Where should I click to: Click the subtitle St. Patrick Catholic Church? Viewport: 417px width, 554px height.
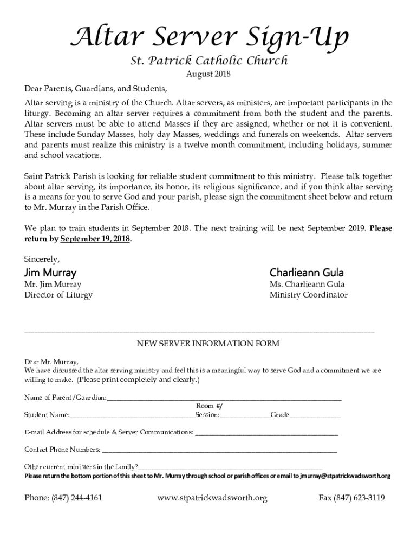coord(208,61)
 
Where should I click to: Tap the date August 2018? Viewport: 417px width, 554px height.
coord(208,75)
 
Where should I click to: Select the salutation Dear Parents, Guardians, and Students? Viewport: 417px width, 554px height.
coord(96,89)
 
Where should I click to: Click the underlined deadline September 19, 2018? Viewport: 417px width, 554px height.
coord(95,239)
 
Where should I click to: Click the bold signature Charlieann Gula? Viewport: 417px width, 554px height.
coord(307,272)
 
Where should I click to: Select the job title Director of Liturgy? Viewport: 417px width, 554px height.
coord(58,295)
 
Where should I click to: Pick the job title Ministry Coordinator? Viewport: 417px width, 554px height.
coord(309,295)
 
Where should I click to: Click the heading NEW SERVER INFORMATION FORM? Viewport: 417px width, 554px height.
coord(208,344)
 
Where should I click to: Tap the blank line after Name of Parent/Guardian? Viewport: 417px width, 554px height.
coord(224,399)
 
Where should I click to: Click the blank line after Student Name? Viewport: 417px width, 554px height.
coord(132,415)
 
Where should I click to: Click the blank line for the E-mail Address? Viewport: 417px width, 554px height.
coord(266,433)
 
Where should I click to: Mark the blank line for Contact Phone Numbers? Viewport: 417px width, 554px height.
coord(219,450)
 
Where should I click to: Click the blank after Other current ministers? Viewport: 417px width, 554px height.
coord(230,467)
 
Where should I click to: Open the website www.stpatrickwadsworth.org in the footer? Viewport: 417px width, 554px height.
coord(212,498)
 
